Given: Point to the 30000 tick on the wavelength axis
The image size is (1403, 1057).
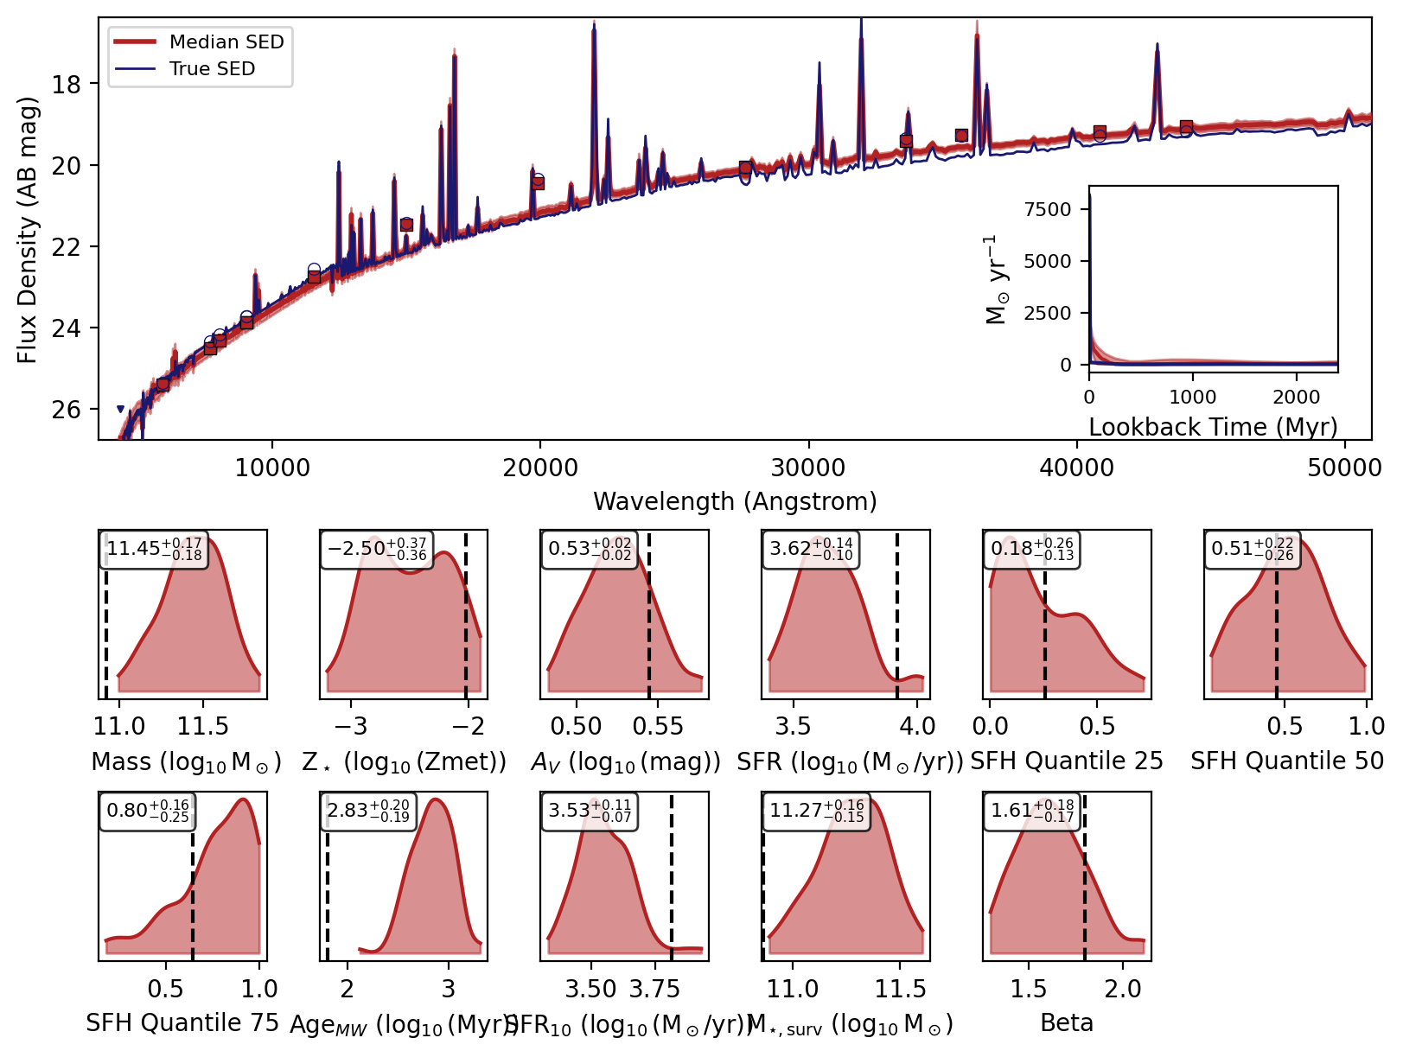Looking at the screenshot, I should [x=807, y=468].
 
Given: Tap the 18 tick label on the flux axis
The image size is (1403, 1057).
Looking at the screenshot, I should [x=67, y=84].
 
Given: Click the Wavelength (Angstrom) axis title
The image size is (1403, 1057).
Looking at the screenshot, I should [x=735, y=501].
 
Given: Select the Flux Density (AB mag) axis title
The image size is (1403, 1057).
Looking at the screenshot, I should [x=29, y=230].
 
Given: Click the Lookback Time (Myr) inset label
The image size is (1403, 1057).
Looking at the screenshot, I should [x=1213, y=427].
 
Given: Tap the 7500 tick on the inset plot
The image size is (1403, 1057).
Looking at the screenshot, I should [x=1047, y=209].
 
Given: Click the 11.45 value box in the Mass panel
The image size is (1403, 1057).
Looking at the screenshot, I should [x=154, y=549].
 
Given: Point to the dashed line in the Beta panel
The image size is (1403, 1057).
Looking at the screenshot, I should [x=1084, y=873].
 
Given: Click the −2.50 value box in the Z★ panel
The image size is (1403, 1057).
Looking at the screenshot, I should [x=376, y=549].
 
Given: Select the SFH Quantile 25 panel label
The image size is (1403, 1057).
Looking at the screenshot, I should [x=1067, y=761].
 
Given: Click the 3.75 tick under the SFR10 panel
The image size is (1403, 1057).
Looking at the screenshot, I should [x=654, y=989].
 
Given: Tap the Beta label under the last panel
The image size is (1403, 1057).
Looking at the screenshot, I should [x=1067, y=1023].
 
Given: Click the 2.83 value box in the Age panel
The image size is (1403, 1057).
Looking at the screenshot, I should [x=368, y=812].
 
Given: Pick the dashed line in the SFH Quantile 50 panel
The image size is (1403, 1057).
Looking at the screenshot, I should [x=1276, y=614].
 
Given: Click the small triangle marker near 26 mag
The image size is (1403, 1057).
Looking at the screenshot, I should [x=120, y=410].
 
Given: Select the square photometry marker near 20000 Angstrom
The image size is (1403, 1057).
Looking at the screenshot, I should [x=538, y=183].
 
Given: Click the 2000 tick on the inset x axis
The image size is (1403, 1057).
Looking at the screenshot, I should [x=1296, y=397].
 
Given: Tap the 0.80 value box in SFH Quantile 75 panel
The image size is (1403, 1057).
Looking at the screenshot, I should [x=147, y=812].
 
